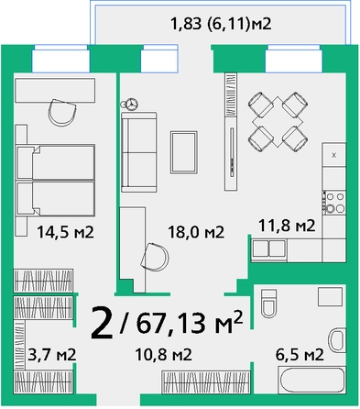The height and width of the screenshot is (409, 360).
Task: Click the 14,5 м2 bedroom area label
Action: (x=65, y=232)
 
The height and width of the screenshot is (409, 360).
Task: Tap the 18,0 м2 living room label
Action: (x=196, y=232)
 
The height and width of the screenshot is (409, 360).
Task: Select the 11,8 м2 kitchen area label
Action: (x=287, y=226)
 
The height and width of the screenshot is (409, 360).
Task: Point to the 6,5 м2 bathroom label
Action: (x=300, y=355)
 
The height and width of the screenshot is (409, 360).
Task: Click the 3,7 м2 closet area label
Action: (x=52, y=355)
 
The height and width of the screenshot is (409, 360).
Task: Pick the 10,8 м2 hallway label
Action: (x=164, y=355)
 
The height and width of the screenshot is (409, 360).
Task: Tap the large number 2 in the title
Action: (x=102, y=323)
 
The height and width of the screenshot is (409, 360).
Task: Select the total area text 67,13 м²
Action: (x=190, y=322)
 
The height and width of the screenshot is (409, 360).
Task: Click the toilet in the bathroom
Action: (x=268, y=304)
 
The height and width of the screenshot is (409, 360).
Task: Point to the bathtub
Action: (x=311, y=381)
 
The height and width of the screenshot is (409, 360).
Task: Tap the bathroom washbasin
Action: (x=337, y=339)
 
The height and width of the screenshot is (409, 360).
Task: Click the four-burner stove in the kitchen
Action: (x=334, y=202)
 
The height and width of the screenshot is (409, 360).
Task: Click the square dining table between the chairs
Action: (x=278, y=121)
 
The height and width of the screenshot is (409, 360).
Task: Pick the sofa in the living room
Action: (x=139, y=152)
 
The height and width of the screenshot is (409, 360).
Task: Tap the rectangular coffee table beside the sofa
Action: (x=184, y=152)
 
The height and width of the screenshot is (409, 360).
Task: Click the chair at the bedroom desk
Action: (x=62, y=112)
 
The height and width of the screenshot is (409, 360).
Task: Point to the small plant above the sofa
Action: (x=130, y=104)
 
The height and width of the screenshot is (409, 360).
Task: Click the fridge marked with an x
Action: (x=334, y=155)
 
